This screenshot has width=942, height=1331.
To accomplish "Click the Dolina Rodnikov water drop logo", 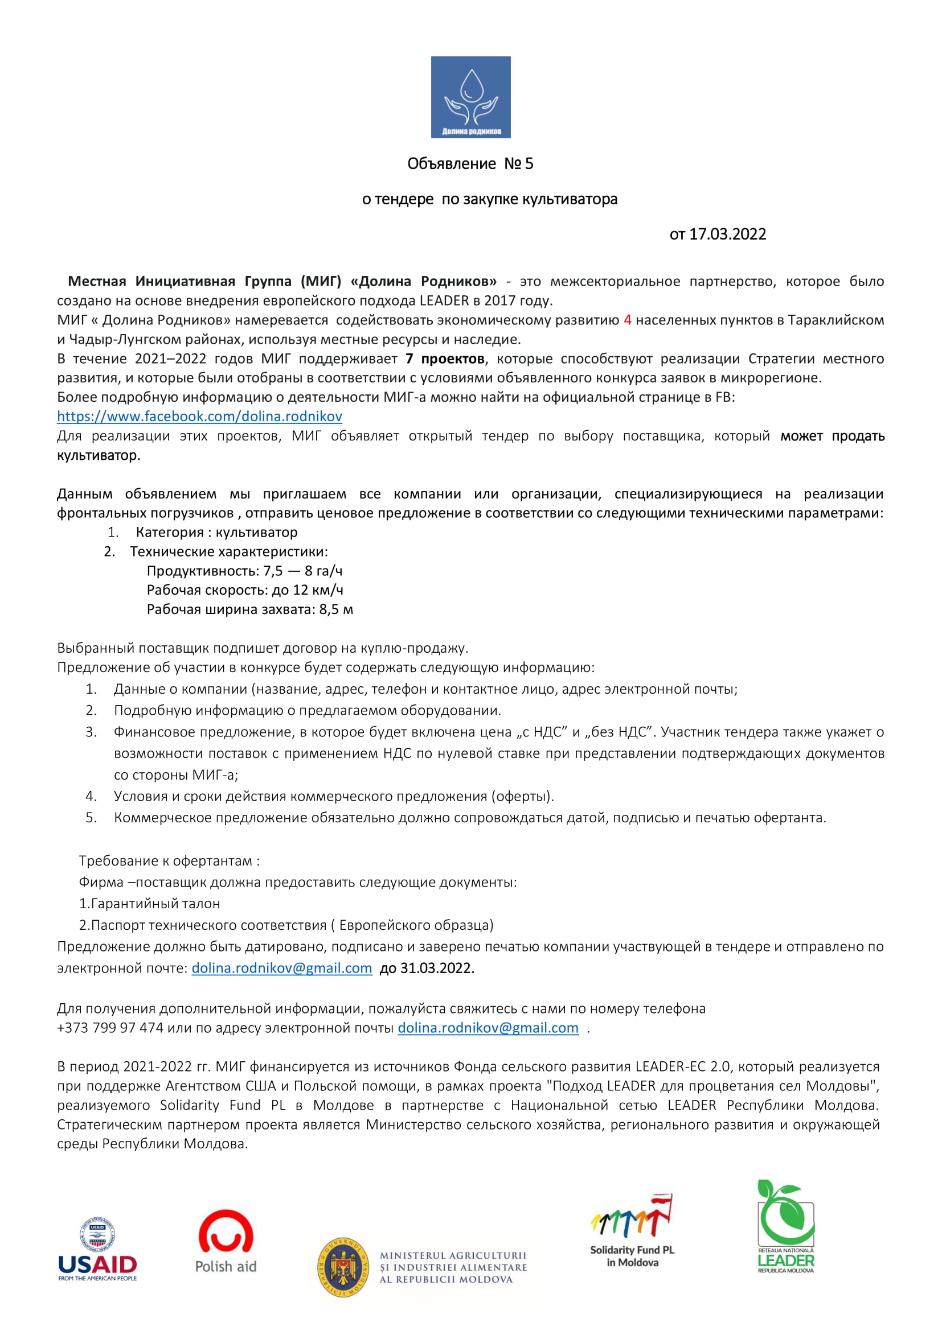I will (470, 97).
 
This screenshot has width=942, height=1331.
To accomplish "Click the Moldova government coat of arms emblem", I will (343, 1268).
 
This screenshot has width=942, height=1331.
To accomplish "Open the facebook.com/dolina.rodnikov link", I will (199, 416).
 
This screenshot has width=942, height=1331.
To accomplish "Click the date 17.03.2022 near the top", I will (727, 234).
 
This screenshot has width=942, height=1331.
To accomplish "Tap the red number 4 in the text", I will (627, 320).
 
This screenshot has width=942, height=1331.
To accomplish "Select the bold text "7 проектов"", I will (445, 359).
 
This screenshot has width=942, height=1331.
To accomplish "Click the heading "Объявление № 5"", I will (470, 164).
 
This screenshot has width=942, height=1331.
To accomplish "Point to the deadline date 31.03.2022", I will (437, 968).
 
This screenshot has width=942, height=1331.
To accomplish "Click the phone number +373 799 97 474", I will (110, 1028).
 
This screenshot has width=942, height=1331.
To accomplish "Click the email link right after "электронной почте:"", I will (282, 968).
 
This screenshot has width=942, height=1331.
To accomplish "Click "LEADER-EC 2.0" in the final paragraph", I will (683, 1066).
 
